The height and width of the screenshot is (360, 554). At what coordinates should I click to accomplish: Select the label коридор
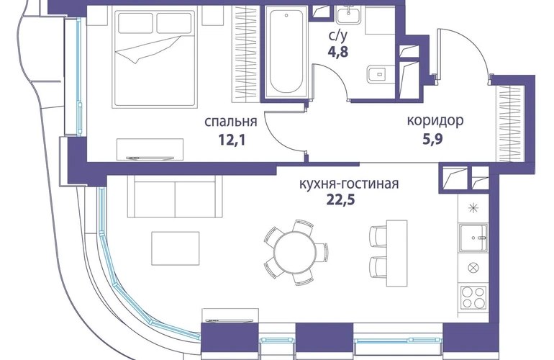pos(435,121)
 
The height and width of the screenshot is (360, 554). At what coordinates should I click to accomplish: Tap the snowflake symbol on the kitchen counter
pos(473,210)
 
